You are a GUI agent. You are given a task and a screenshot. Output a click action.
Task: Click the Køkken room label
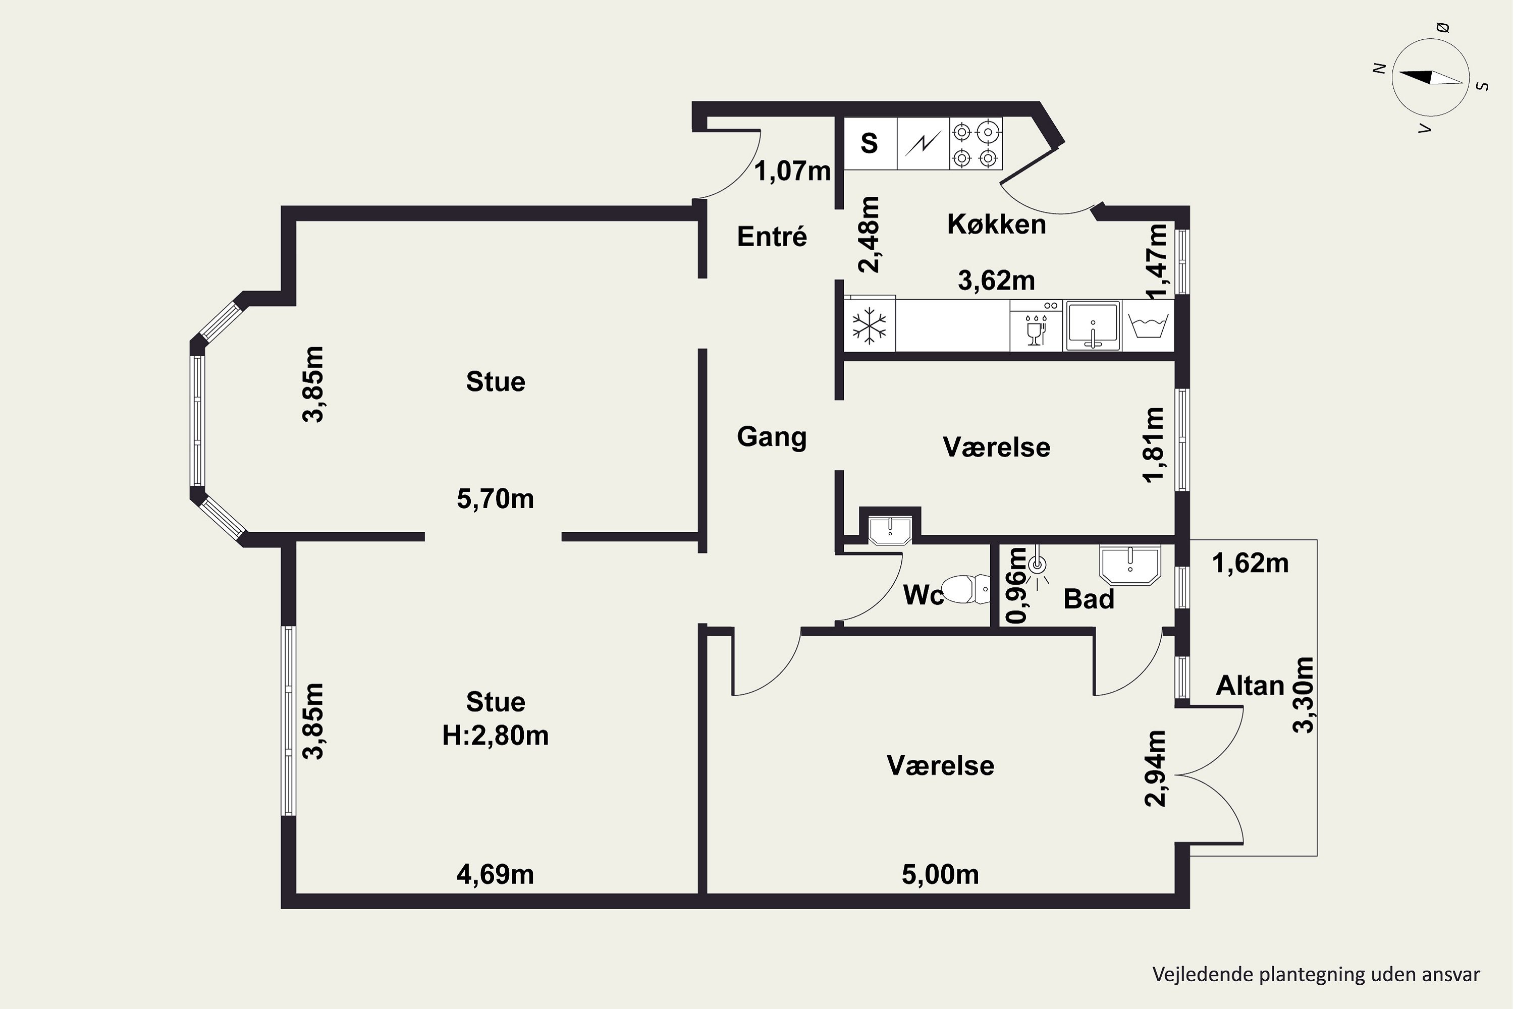tap(996, 225)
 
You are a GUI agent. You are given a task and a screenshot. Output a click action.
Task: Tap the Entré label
tap(772, 236)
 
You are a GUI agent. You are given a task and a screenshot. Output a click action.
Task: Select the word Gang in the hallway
tap(772, 437)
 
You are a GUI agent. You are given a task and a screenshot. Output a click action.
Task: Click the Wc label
tap(923, 595)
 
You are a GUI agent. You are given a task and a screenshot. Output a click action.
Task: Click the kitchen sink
tap(1093, 325)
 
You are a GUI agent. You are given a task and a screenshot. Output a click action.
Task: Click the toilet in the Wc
tap(966, 589)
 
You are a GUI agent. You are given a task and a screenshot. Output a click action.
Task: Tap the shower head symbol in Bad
tap(1037, 566)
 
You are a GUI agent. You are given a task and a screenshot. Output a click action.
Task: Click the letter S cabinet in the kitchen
tap(870, 143)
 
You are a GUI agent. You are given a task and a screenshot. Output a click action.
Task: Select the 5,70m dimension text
tap(495, 499)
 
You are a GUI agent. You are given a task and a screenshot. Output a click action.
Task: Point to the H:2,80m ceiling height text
tap(495, 736)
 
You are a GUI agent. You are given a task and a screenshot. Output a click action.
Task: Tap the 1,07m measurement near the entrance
tap(792, 171)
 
